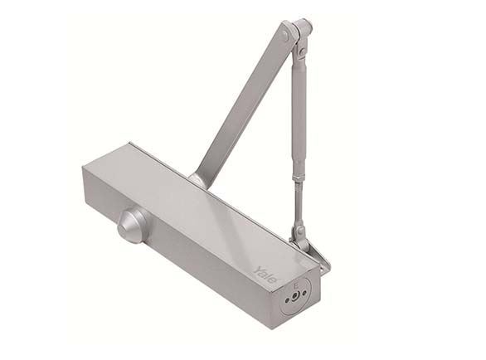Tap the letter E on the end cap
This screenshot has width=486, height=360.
click(296, 285)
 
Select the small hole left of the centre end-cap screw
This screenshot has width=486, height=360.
click(287, 300)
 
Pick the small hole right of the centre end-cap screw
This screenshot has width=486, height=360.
click(304, 293)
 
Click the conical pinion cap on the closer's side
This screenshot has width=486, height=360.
click(132, 225)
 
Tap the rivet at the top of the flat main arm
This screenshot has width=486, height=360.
click(286, 36)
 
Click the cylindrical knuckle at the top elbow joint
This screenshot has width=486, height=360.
click(303, 28)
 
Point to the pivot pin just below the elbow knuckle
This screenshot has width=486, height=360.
click(302, 53)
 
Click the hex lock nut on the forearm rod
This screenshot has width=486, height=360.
click(299, 178)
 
